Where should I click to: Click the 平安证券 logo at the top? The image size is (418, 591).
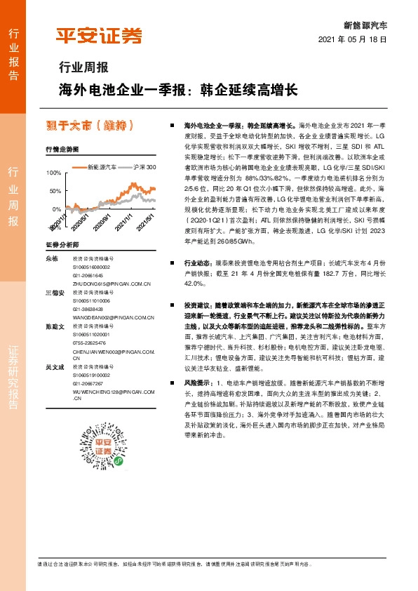pyautogui.click(x=98, y=36)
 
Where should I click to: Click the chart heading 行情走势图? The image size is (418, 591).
pyautogui.click(x=58, y=150)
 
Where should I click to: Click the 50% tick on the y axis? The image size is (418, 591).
pyautogui.click(x=55, y=191)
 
